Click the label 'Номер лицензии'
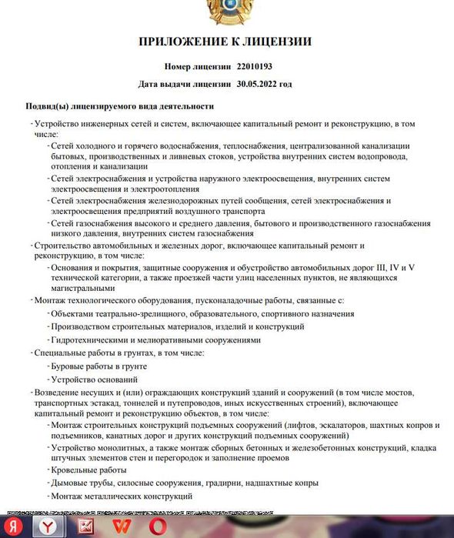pyautogui.click(x=198, y=67)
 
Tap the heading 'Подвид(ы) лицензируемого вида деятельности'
pyautogui.click(x=119, y=106)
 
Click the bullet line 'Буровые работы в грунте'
pyautogui.click(x=98, y=366)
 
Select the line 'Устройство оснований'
pyautogui.click(x=95, y=379)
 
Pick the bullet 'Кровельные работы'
pyautogui.click(x=88, y=470)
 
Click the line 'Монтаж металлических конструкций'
pyautogui.click(x=122, y=496)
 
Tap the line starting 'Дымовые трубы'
pyautogui.click(x=185, y=483)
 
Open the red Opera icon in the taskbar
pyautogui.click(x=160, y=526)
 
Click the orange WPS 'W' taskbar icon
pyautogui.click(x=122, y=526)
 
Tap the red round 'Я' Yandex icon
pyautogui.click(x=14, y=527)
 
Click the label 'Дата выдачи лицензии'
pyautogui.click(x=185, y=83)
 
